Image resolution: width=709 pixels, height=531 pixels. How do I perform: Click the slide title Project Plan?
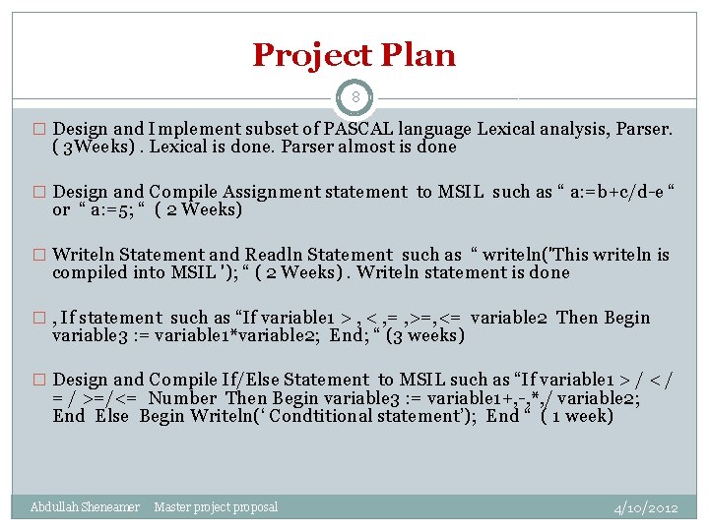coord(354,55)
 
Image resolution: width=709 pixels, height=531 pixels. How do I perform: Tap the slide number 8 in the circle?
coord(354,97)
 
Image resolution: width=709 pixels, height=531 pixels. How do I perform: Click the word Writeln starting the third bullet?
coord(85,255)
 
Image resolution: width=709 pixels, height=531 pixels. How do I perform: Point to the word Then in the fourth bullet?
coord(578,318)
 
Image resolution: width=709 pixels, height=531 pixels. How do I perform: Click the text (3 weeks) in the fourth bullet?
coord(424,336)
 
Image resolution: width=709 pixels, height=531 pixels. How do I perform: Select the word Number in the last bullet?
coord(183,398)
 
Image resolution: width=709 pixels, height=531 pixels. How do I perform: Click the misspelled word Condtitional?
coord(331,417)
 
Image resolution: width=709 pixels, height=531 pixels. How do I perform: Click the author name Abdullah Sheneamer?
coord(85,507)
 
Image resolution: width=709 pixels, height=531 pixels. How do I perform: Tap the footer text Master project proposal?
coord(216,507)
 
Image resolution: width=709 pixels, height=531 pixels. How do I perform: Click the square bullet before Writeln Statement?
coord(39,256)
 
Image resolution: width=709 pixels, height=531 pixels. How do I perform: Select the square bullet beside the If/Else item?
coord(39,381)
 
